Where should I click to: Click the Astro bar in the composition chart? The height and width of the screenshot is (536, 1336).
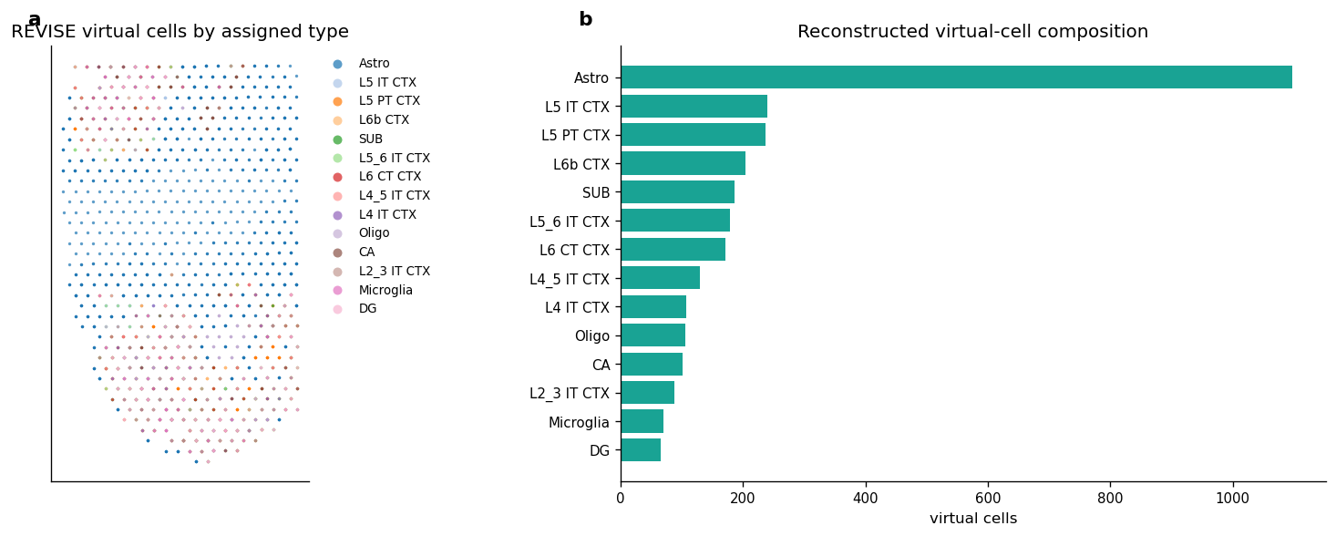(956, 77)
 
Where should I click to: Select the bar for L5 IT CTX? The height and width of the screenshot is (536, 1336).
(694, 107)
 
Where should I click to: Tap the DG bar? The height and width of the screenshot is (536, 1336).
(641, 450)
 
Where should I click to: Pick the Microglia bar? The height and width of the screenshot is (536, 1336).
(642, 421)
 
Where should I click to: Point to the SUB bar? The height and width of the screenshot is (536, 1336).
(677, 192)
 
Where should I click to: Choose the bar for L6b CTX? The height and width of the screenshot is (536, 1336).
(683, 163)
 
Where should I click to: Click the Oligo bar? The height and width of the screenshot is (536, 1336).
(653, 335)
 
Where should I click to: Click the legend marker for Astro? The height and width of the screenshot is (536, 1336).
(337, 64)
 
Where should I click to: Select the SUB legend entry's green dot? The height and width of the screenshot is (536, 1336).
(337, 139)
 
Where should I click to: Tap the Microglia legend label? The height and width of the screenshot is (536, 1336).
(385, 290)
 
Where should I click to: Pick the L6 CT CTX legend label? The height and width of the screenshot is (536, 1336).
(390, 177)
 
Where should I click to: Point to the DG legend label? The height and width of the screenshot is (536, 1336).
(367, 309)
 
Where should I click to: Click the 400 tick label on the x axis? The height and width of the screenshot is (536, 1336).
(866, 498)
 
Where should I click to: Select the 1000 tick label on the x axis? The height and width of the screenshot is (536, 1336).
(1232, 498)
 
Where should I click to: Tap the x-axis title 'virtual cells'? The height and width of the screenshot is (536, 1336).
(973, 518)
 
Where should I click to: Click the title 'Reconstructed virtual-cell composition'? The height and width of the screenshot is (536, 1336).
(972, 32)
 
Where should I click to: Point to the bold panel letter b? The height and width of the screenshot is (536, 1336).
(586, 19)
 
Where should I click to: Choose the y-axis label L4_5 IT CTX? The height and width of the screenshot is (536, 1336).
(570, 279)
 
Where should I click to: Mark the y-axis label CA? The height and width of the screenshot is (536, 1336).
(601, 365)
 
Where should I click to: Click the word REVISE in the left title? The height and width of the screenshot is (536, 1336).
(44, 32)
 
